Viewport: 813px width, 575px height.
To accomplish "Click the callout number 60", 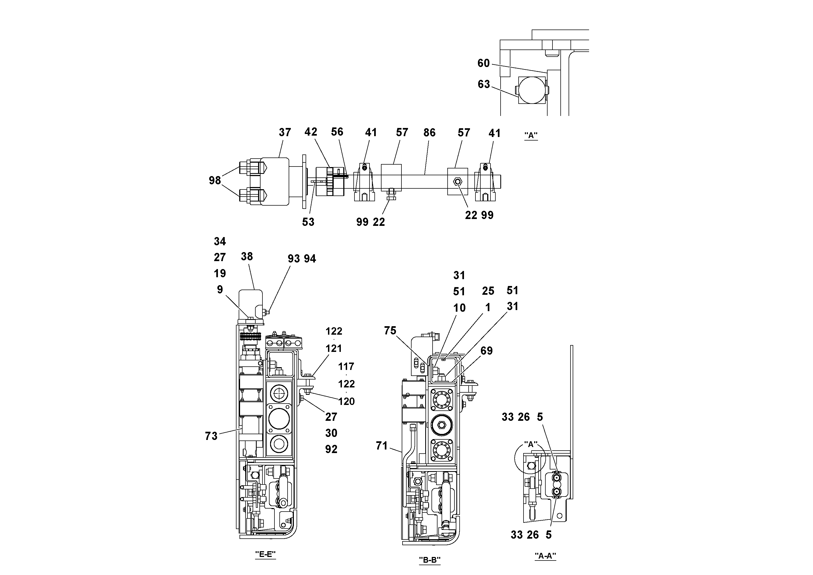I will [x=483, y=63].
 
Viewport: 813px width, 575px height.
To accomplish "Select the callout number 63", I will [x=484, y=84].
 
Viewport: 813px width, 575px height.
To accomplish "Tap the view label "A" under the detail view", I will [x=531, y=135].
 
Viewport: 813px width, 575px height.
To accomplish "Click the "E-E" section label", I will [x=265, y=554].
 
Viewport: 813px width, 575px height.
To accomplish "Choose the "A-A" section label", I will [x=545, y=556].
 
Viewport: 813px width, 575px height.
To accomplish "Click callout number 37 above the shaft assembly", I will [x=285, y=133].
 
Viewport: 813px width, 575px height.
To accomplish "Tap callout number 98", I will [x=215, y=180].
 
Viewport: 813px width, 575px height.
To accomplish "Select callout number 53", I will [x=308, y=222].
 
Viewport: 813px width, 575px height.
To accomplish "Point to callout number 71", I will [x=382, y=446].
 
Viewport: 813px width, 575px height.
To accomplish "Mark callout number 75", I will [x=390, y=331].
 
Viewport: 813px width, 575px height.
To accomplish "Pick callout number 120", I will [x=346, y=401].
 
